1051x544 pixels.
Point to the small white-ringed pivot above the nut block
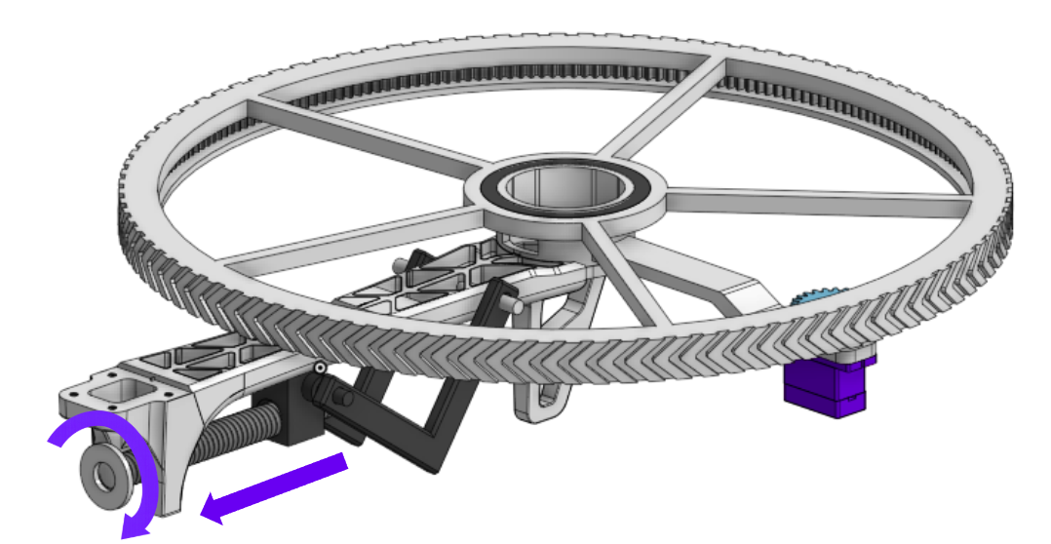[319, 368]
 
